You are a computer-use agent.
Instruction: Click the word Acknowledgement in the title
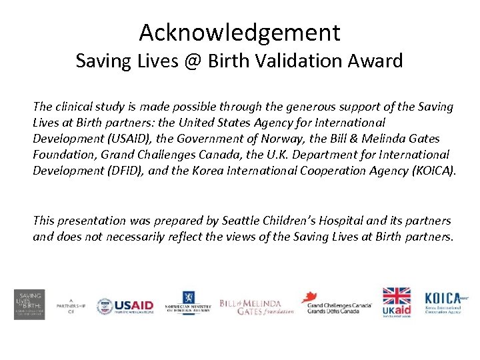pos(240,32)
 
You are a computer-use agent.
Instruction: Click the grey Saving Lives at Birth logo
pos(29,305)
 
